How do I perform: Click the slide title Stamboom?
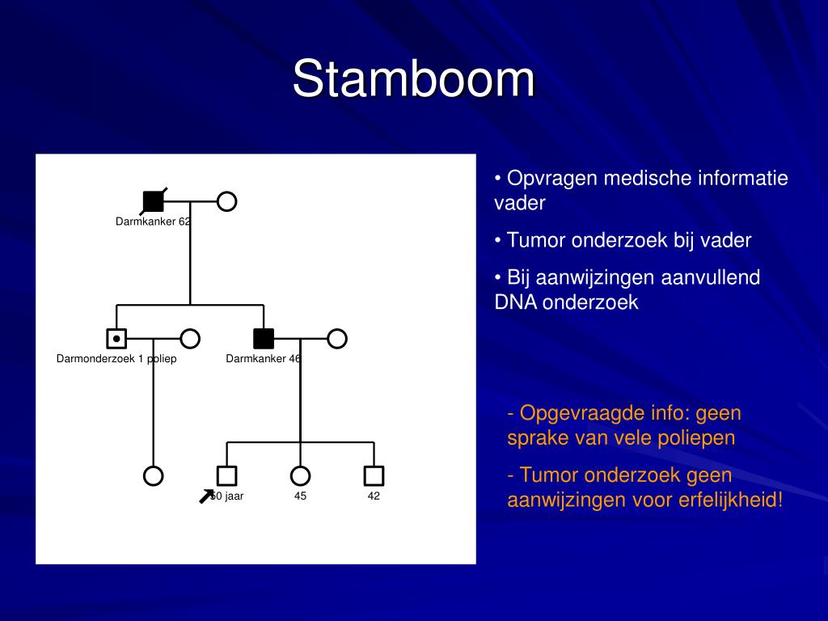(413, 79)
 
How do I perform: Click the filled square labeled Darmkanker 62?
(153, 201)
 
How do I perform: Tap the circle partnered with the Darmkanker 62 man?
(227, 201)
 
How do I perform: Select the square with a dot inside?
(116, 338)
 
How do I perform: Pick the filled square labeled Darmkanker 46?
(264, 338)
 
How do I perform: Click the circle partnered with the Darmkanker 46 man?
(337, 338)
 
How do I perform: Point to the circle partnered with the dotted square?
(190, 338)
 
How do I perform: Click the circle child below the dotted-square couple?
(154, 475)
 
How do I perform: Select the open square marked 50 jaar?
(227, 475)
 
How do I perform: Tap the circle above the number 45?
(300, 475)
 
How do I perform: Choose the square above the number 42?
(374, 475)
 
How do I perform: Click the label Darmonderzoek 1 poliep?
(116, 359)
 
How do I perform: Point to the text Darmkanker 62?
(154, 222)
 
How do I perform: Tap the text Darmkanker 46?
(263, 359)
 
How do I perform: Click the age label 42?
(374, 496)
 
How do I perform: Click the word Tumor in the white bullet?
(536, 240)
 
